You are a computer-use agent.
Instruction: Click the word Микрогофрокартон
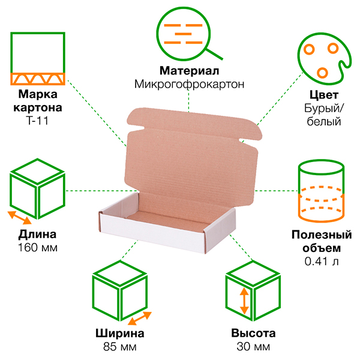(x=190, y=84)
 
